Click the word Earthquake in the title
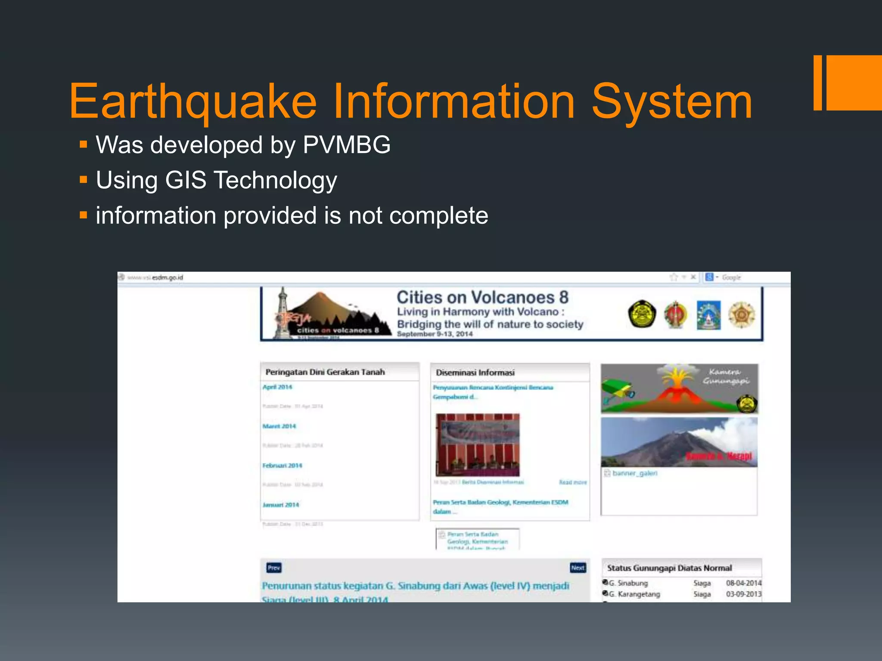coord(193,102)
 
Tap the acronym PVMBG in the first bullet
coord(347,145)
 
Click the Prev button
coord(274,568)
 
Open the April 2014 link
coord(277,387)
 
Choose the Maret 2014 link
coord(280,426)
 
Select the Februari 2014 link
coord(283,466)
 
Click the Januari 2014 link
coord(281,505)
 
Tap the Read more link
coord(573,482)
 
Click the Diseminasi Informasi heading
coord(475,373)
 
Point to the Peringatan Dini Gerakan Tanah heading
coord(325,372)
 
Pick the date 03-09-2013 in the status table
coord(744,594)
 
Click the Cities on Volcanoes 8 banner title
coord(482,297)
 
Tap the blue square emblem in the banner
coord(708,315)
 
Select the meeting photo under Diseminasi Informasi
coord(478,445)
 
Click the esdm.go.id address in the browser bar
coord(168,278)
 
